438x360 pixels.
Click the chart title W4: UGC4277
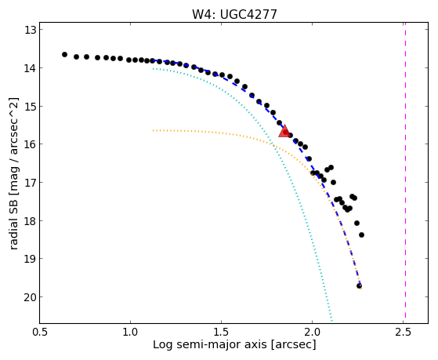point(234,14)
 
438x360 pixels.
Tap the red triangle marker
point(284,132)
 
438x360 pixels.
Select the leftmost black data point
point(64,55)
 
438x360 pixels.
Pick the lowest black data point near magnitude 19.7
point(359,285)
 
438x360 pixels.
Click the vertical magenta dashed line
point(405,173)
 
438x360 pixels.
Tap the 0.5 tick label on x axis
point(40,332)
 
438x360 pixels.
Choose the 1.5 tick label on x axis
point(221,332)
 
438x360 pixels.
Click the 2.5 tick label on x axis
point(404,332)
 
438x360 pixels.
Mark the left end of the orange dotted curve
point(153,130)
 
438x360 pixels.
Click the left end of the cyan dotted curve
point(153,68)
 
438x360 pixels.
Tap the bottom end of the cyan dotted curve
point(332,321)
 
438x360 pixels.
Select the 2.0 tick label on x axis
point(313,332)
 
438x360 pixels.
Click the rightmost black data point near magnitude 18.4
point(361,235)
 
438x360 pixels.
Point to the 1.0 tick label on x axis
point(130,332)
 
